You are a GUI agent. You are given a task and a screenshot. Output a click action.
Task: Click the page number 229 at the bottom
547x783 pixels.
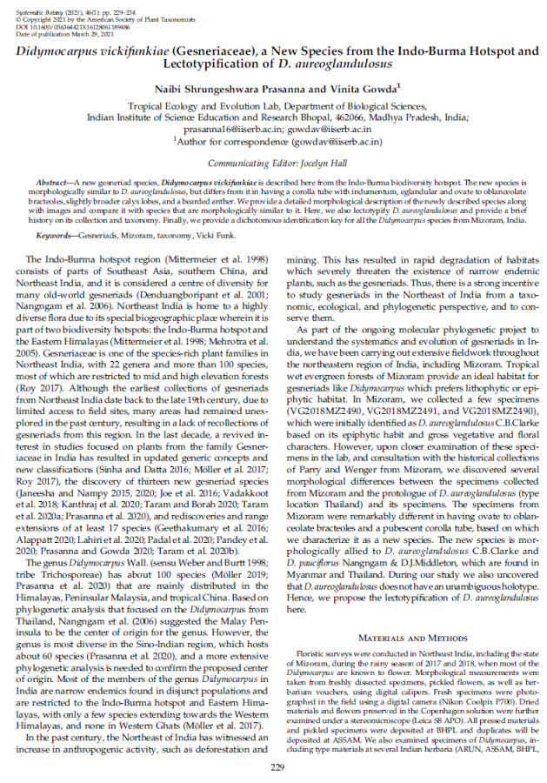coord(277,766)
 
